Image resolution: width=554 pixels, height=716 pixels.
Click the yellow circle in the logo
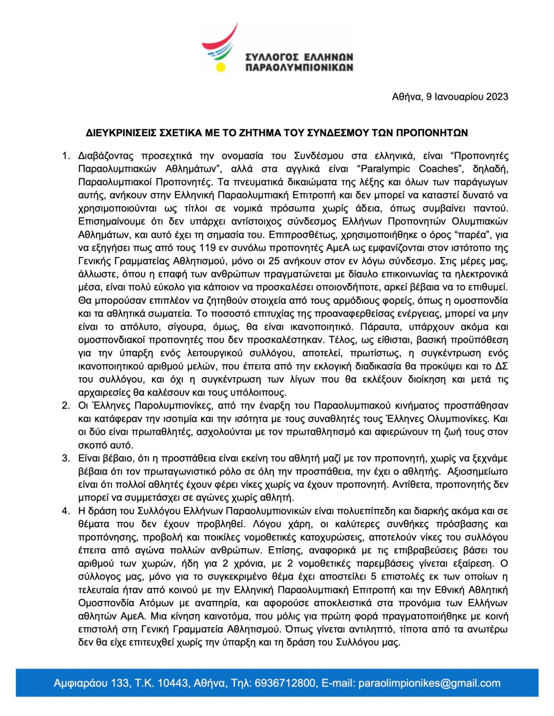(220, 68)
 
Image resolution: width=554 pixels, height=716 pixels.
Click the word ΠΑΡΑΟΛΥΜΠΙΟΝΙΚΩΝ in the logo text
(299, 68)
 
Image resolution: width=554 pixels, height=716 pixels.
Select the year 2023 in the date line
(497, 97)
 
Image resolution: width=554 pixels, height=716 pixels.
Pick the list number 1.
(65, 156)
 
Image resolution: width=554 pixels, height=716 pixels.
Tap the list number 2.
(65, 406)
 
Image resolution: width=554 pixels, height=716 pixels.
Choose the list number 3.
(65, 458)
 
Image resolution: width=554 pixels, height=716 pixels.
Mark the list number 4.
(65, 511)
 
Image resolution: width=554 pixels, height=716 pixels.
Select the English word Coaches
(438, 169)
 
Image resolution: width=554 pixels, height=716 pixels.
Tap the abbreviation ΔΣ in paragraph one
(501, 367)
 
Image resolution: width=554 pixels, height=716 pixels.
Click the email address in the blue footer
(429, 683)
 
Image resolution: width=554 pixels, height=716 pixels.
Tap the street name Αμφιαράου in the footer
(81, 683)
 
